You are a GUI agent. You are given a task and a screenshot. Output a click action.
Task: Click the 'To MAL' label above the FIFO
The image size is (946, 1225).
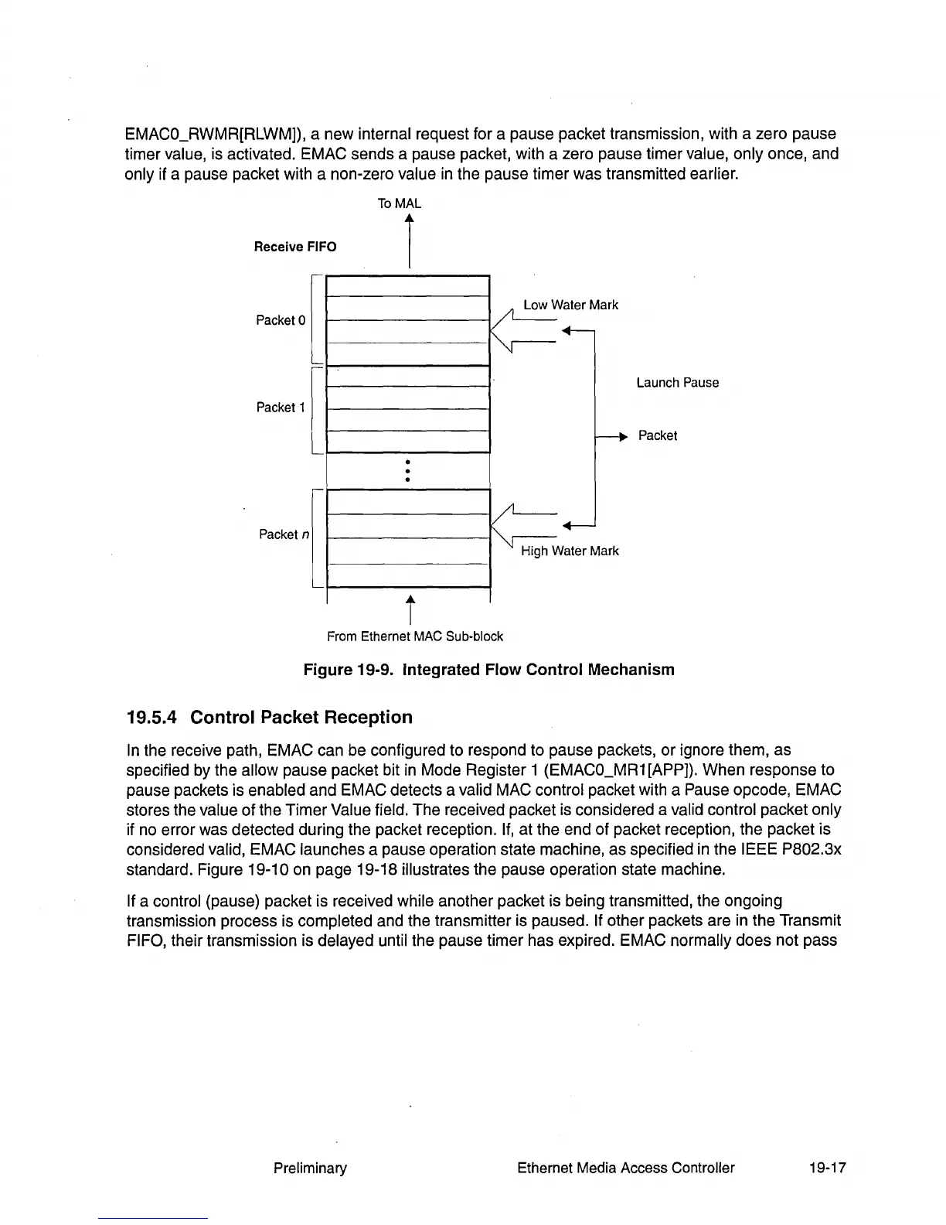(x=399, y=203)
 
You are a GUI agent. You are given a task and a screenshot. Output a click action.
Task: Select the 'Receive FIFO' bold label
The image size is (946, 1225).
(x=295, y=247)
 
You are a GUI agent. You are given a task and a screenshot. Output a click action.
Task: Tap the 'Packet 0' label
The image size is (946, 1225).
(x=281, y=320)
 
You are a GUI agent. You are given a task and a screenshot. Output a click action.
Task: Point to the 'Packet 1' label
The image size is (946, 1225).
(x=281, y=408)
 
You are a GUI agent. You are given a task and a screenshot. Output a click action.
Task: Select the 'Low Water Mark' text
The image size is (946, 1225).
(x=570, y=305)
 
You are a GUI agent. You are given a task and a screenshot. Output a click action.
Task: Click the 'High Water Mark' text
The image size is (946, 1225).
(x=570, y=551)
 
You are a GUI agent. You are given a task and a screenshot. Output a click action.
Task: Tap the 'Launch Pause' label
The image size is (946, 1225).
(x=677, y=383)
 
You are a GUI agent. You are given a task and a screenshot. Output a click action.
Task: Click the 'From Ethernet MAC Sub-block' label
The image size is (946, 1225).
(x=414, y=636)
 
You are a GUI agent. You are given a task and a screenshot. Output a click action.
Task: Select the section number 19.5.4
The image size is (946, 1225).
(x=152, y=718)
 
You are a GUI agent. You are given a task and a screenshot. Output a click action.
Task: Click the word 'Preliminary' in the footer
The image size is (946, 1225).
(x=310, y=1168)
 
